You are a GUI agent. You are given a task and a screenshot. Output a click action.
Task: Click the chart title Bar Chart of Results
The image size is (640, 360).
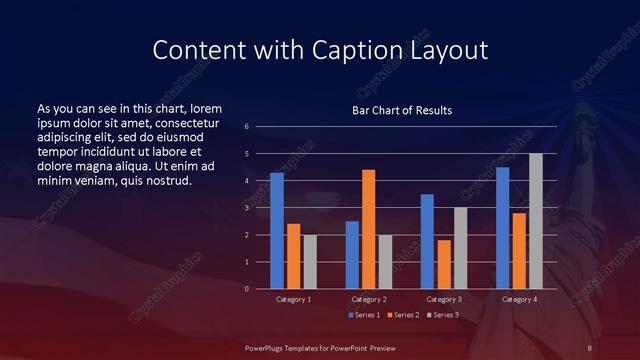pyautogui.click(x=401, y=110)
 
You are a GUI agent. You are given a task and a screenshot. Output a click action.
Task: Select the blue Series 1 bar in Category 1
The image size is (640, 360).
pyautogui.click(x=277, y=231)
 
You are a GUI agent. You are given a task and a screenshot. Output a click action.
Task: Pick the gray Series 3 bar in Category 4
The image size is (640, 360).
pyautogui.click(x=536, y=221)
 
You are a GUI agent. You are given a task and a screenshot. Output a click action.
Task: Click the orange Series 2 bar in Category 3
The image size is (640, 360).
pyautogui.click(x=444, y=264)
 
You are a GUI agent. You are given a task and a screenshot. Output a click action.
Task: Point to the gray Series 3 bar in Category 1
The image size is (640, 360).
pyautogui.click(x=310, y=262)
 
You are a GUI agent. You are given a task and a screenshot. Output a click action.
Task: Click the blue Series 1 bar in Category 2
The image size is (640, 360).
pyautogui.click(x=352, y=255)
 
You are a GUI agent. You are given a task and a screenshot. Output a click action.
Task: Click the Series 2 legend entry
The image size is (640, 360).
pyautogui.click(x=403, y=315)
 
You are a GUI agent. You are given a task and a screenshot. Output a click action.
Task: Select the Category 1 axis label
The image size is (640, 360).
pyautogui.click(x=293, y=299)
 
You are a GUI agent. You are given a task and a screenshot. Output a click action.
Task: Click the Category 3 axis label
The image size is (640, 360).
pyautogui.click(x=443, y=299)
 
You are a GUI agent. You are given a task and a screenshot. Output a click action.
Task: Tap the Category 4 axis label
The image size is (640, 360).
pyautogui.click(x=518, y=299)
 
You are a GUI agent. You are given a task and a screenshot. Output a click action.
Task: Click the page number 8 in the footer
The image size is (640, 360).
pyautogui.click(x=590, y=347)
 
